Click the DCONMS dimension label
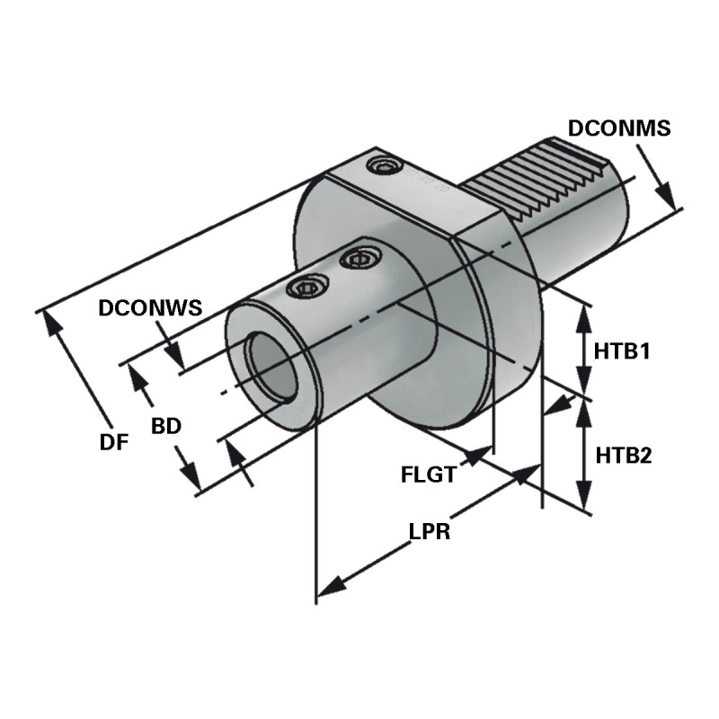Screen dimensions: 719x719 (618, 129)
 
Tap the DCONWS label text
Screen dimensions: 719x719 (149, 308)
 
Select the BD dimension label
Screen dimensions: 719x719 (166, 426)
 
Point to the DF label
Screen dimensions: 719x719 (114, 441)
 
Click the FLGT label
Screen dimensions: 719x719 (429, 473)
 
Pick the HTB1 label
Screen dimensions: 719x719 (622, 351)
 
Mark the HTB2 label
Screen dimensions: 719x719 (623, 455)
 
